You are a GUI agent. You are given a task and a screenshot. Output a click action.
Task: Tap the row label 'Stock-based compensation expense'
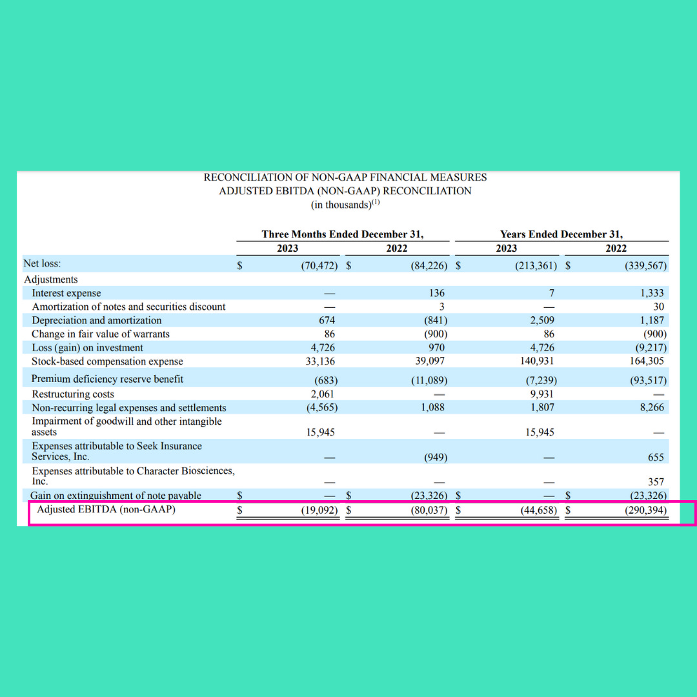point(107,361)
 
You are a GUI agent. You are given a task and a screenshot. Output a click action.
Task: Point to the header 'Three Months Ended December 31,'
point(343,234)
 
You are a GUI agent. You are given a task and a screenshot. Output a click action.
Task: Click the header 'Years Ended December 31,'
point(561,234)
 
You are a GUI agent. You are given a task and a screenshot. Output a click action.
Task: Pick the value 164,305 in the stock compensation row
point(647,361)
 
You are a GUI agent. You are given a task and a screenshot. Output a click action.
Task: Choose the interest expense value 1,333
point(652,293)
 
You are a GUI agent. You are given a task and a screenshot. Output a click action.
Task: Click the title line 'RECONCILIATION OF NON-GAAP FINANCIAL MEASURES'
point(345,177)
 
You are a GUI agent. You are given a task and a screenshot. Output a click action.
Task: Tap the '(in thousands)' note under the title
point(345,205)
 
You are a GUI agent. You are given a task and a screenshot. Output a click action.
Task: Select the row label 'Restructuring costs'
point(73,394)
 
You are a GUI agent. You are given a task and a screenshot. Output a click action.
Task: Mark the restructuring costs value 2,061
point(322,394)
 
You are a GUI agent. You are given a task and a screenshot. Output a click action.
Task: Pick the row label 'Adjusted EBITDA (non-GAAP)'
point(106,510)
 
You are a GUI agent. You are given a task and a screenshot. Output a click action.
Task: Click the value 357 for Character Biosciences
point(656,481)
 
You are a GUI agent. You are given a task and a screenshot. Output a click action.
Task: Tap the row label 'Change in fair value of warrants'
point(101,334)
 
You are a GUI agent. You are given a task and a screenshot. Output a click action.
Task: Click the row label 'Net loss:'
point(42,263)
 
